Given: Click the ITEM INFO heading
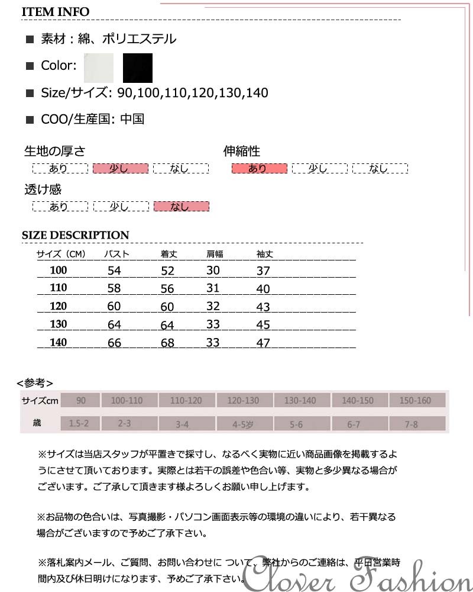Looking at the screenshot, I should [x=56, y=12].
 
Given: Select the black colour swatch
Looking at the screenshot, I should [x=138, y=67].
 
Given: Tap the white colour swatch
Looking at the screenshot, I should [x=99, y=67].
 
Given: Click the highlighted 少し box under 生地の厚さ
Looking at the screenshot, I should [x=120, y=169].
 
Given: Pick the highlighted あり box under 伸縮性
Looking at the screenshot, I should [x=259, y=169].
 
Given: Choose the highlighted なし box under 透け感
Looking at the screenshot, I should [x=181, y=207].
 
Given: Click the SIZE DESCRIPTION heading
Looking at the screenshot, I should [x=75, y=235].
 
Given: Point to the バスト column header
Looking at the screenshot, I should [x=116, y=255].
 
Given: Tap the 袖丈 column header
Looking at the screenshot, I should [x=264, y=255].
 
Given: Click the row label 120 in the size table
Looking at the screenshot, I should [x=59, y=306].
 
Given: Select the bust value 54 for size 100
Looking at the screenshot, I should [x=114, y=271].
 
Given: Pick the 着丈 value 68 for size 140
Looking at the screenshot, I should [x=168, y=343].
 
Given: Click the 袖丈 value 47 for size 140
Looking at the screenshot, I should [x=263, y=343].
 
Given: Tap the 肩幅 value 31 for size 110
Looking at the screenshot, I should [x=213, y=288].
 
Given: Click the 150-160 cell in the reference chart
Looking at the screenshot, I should [x=415, y=401].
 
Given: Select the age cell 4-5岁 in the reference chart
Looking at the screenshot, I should [x=242, y=424].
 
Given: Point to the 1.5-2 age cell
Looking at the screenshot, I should [x=79, y=424].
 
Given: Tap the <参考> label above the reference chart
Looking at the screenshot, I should [x=35, y=382].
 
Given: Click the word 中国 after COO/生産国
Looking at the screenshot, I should [x=132, y=119].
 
